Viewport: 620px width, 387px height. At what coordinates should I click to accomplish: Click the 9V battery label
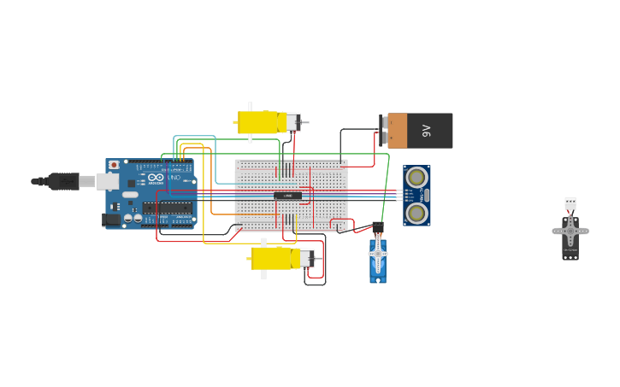pyautogui.click(x=427, y=131)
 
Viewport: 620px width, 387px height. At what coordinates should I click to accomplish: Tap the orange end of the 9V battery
pyautogui.click(x=397, y=131)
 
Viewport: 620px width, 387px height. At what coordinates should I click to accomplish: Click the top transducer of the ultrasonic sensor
pyautogui.click(x=416, y=178)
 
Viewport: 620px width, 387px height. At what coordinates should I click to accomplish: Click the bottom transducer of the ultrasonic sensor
pyautogui.click(x=416, y=212)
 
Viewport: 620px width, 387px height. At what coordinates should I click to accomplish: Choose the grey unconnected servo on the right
pyautogui.click(x=570, y=235)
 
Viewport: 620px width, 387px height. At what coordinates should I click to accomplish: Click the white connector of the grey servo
pyautogui.click(x=570, y=203)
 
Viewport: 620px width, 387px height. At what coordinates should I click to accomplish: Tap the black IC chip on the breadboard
pyautogui.click(x=287, y=196)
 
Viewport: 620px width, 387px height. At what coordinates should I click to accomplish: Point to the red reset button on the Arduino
pyautogui.click(x=114, y=165)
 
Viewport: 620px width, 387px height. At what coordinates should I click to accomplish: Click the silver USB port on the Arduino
pyautogui.click(x=107, y=181)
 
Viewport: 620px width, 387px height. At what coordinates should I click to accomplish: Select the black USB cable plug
pyautogui.click(x=64, y=181)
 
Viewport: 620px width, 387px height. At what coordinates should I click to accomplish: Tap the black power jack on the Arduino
pyautogui.click(x=111, y=220)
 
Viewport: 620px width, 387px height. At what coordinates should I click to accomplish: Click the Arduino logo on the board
pyautogui.click(x=156, y=179)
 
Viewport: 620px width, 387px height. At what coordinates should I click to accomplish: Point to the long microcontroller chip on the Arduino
pyautogui.click(x=168, y=207)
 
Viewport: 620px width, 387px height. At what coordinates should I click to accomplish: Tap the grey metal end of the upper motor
pyautogui.click(x=292, y=122)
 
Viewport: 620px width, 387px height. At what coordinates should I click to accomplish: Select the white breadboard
pyautogui.click(x=291, y=196)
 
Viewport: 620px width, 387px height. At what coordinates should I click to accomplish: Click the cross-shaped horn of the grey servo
pyautogui.click(x=570, y=230)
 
